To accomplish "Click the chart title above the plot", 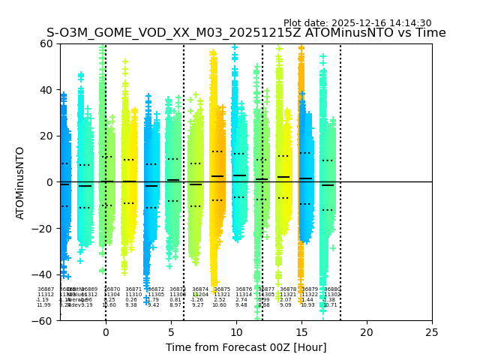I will [x=246, y=33].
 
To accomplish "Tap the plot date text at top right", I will [x=357, y=23].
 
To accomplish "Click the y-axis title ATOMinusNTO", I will [x=20, y=182].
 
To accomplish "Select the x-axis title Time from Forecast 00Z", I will [x=246, y=347].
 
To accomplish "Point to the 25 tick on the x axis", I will [x=432, y=332].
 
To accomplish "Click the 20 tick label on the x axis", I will [x=367, y=332].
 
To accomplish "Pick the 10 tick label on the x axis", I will [x=236, y=332].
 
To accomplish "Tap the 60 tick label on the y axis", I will [x=46, y=43].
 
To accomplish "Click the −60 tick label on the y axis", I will [x=43, y=320].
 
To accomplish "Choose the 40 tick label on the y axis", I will [x=46, y=90].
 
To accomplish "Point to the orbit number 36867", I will [x=46, y=289].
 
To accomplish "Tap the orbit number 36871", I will [x=133, y=289].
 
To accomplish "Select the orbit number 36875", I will [x=222, y=289].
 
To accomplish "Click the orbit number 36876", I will [x=244, y=289].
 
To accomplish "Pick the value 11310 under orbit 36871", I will [x=133, y=295].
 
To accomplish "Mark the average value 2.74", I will [x=241, y=300].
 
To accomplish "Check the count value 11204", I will [x=200, y=295].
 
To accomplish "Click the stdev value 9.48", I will [x=241, y=305].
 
